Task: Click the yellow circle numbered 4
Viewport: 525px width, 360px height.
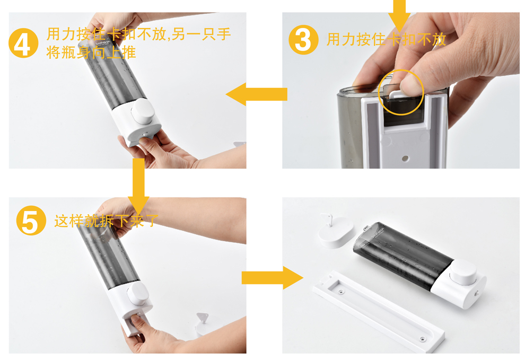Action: tap(23, 43)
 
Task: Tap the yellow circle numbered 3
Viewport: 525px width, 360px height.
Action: tap(303, 40)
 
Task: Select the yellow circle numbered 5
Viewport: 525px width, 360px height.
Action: tap(31, 221)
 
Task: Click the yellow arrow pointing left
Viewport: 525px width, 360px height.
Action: tap(257, 94)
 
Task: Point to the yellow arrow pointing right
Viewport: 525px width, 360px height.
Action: tap(272, 278)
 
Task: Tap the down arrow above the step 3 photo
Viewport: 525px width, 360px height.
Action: tap(399, 15)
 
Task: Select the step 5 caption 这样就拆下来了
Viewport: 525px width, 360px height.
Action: tap(106, 221)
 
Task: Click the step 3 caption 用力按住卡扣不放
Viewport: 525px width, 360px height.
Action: tap(387, 40)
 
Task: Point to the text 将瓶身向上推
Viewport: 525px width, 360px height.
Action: tap(91, 52)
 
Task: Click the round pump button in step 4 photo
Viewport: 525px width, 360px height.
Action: tap(143, 110)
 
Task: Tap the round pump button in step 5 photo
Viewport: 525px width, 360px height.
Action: tap(137, 294)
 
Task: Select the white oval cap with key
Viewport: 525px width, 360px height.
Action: tap(336, 231)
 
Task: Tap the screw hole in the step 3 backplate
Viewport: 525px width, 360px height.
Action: tap(405, 157)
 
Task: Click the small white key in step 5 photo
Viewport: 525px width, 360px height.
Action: tap(202, 318)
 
